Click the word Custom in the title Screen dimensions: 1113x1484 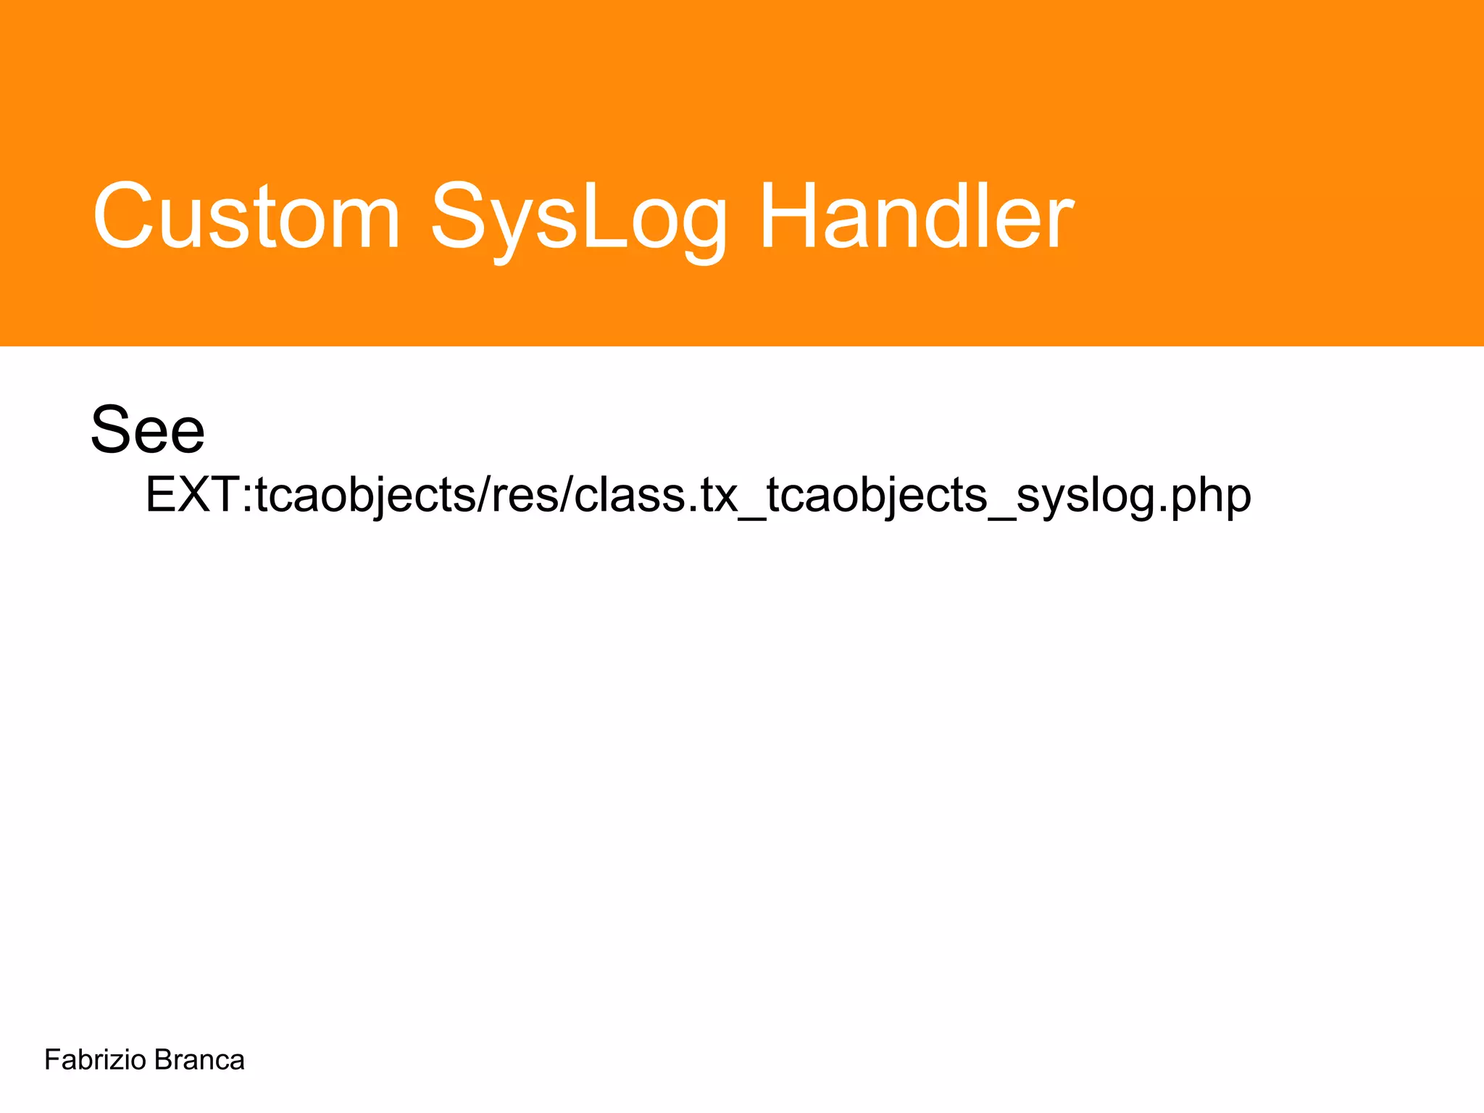pyautogui.click(x=246, y=216)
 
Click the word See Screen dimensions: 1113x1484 pyautogui.click(x=148, y=431)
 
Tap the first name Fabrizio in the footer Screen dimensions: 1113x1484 pyautogui.click(x=96, y=1060)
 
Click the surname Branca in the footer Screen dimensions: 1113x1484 pyautogui.click(x=199, y=1060)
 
